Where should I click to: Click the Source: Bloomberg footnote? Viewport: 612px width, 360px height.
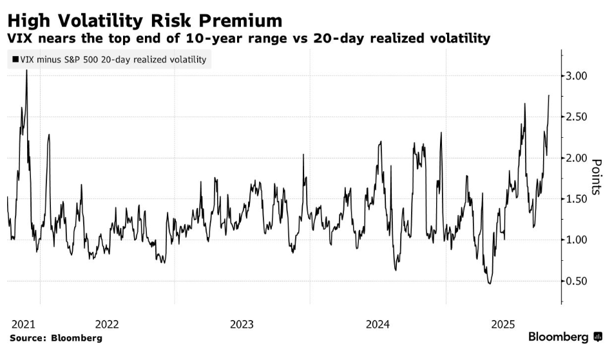pyautogui.click(x=55, y=337)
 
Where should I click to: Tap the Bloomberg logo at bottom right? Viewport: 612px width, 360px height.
pyautogui.click(x=565, y=337)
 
